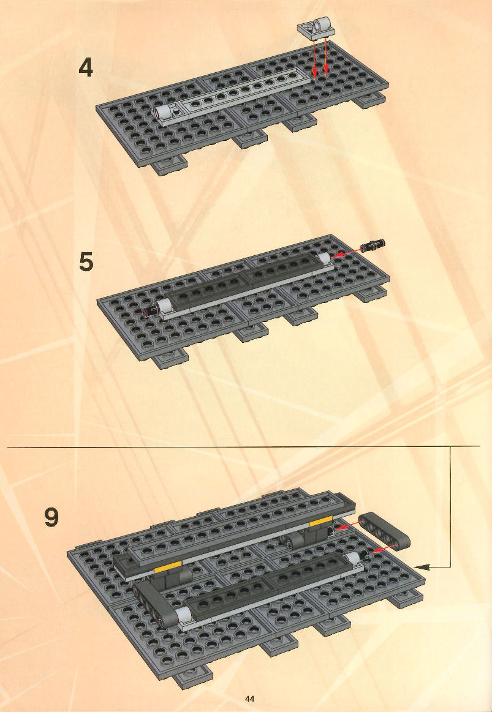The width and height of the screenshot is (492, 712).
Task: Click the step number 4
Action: [86, 68]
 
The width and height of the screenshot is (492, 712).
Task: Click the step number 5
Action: [86, 262]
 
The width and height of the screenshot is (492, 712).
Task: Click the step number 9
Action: [51, 518]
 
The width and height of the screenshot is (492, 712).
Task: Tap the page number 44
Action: [249, 699]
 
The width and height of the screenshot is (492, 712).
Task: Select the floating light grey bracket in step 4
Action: [316, 27]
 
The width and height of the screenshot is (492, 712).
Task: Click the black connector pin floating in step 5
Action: [373, 245]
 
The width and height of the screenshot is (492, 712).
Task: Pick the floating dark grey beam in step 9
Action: [384, 531]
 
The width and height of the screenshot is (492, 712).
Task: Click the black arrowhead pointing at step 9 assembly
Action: [422, 566]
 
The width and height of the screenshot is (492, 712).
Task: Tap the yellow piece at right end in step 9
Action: [320, 523]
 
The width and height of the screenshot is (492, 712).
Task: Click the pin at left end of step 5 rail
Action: [150, 310]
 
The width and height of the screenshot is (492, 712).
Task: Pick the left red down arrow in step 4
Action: [314, 58]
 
